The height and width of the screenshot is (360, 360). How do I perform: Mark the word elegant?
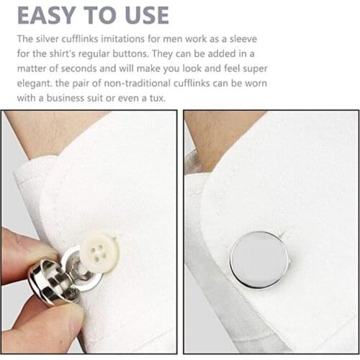pyautogui.click(x=35, y=84)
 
